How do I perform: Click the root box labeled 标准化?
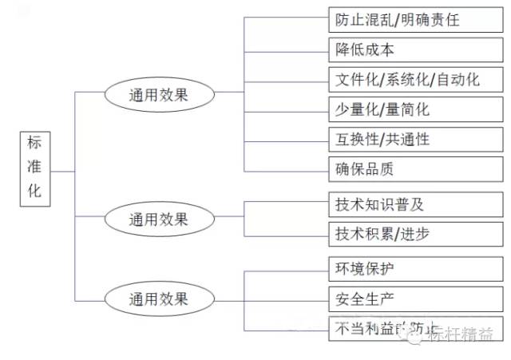click(36, 169)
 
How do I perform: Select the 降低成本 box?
click(415, 49)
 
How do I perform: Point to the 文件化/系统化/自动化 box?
click(415, 79)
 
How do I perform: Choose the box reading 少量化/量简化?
click(415, 109)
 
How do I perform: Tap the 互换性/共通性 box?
click(415, 139)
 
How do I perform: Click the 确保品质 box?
click(415, 169)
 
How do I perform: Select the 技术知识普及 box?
click(415, 204)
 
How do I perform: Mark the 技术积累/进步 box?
click(415, 234)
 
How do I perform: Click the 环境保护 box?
click(415, 268)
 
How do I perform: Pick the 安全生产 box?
click(415, 299)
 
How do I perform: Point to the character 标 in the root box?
click(35, 144)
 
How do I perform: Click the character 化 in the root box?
click(35, 194)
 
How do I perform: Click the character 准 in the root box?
click(35, 169)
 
